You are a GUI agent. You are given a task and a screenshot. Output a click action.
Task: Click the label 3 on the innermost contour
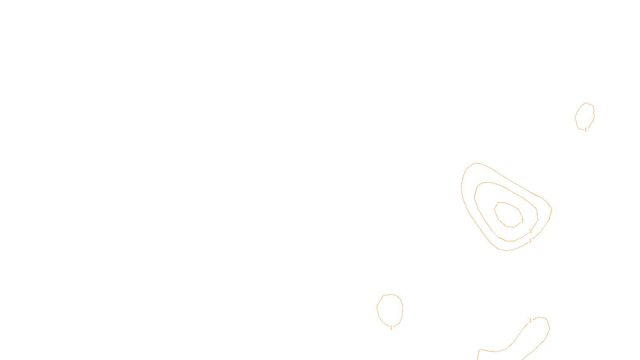point(522,221)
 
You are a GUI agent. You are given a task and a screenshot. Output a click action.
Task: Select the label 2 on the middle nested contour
point(530,231)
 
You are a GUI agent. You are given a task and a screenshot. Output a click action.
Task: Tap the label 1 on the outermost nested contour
point(530,240)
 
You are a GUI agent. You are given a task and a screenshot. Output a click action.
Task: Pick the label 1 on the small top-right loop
point(586,130)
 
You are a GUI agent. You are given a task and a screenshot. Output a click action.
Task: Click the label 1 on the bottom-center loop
point(392,328)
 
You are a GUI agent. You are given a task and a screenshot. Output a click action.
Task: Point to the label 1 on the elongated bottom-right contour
point(530,320)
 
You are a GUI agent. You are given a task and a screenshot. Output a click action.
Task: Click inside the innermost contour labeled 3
point(508,214)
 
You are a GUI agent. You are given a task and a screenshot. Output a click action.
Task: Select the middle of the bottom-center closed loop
point(390,310)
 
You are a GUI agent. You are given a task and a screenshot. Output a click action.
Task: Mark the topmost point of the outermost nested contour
point(474,163)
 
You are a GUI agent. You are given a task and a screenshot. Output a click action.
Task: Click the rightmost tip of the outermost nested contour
point(552,210)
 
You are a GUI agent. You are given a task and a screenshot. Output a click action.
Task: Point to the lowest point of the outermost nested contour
point(506,250)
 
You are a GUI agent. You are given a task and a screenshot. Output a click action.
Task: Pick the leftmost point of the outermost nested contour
point(461,187)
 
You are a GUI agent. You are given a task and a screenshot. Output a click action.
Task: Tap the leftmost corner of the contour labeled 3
point(494,210)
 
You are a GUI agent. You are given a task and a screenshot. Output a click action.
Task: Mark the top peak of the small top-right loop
point(586,102)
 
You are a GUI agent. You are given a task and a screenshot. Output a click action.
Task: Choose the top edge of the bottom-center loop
point(392,294)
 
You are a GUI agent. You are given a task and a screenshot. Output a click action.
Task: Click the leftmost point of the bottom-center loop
point(376,306)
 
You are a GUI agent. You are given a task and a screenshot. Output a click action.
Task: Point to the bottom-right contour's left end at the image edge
point(478,360)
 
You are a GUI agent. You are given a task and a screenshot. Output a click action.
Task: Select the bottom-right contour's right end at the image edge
point(522,360)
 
